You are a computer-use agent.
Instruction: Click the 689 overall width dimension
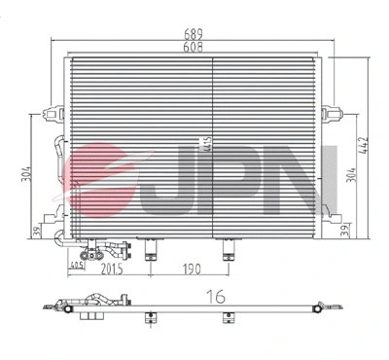(x=195, y=32)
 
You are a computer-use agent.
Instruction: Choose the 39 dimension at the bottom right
(x=349, y=231)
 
